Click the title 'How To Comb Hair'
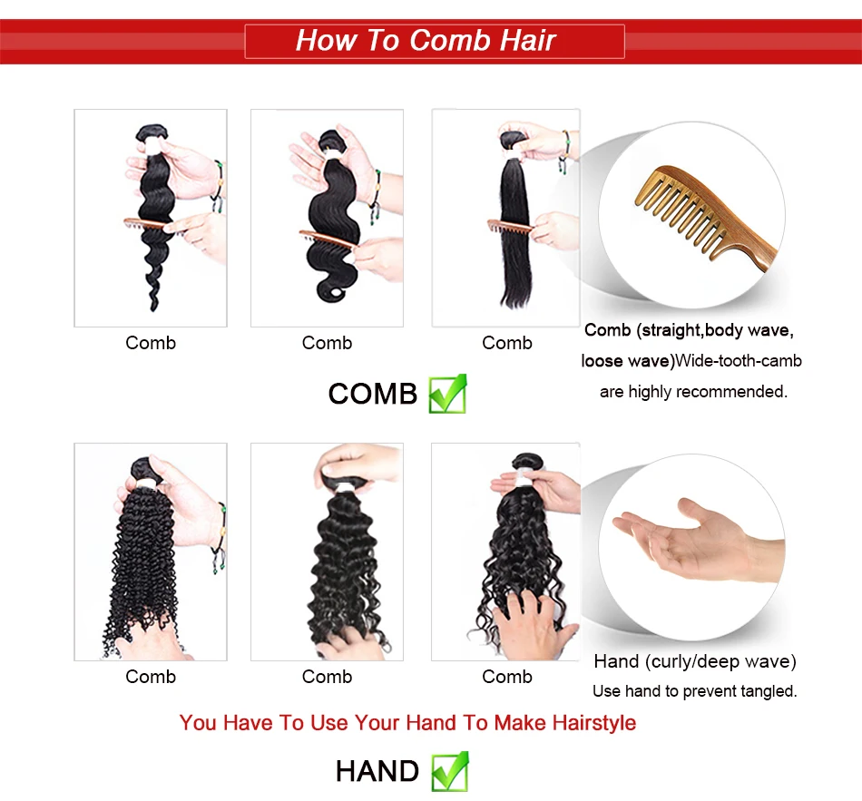(x=426, y=41)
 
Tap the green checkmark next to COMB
(x=447, y=394)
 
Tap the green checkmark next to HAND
(x=449, y=771)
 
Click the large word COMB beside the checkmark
(x=372, y=394)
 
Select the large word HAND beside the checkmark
(x=377, y=771)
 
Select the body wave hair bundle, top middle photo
(x=330, y=227)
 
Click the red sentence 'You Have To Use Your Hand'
(x=407, y=723)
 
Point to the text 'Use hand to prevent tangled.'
(x=694, y=691)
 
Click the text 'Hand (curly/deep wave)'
(x=695, y=661)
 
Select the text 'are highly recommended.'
(x=693, y=392)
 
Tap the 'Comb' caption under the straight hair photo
(x=506, y=343)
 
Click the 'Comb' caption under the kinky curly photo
(x=151, y=677)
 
